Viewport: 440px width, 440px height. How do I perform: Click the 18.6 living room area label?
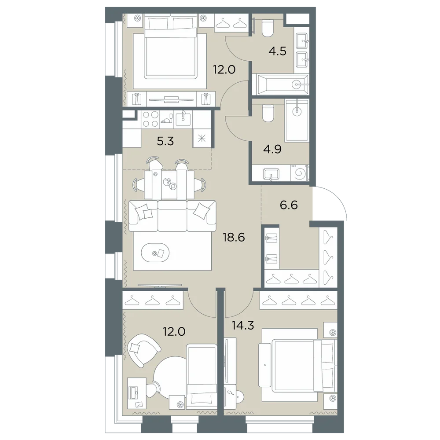[234, 238]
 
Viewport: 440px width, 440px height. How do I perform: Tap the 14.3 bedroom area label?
[243, 326]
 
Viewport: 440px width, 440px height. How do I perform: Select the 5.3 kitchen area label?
[165, 141]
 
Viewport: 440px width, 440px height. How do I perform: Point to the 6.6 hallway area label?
[289, 205]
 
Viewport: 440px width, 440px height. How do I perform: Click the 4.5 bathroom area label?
[278, 51]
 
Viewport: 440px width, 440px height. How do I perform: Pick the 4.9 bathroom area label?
[272, 149]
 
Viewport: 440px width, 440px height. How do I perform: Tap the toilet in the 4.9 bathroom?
[268, 113]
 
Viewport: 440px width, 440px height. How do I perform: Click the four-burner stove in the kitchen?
[150, 119]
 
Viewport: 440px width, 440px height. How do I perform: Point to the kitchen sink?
[183, 120]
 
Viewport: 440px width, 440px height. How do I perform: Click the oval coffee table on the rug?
[155, 253]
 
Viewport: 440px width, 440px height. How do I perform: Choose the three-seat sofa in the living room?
[172, 216]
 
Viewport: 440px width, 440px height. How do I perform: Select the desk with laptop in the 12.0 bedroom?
[136, 393]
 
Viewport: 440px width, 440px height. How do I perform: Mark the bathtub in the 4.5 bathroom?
[281, 84]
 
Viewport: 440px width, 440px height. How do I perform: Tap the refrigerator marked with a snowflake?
[202, 138]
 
